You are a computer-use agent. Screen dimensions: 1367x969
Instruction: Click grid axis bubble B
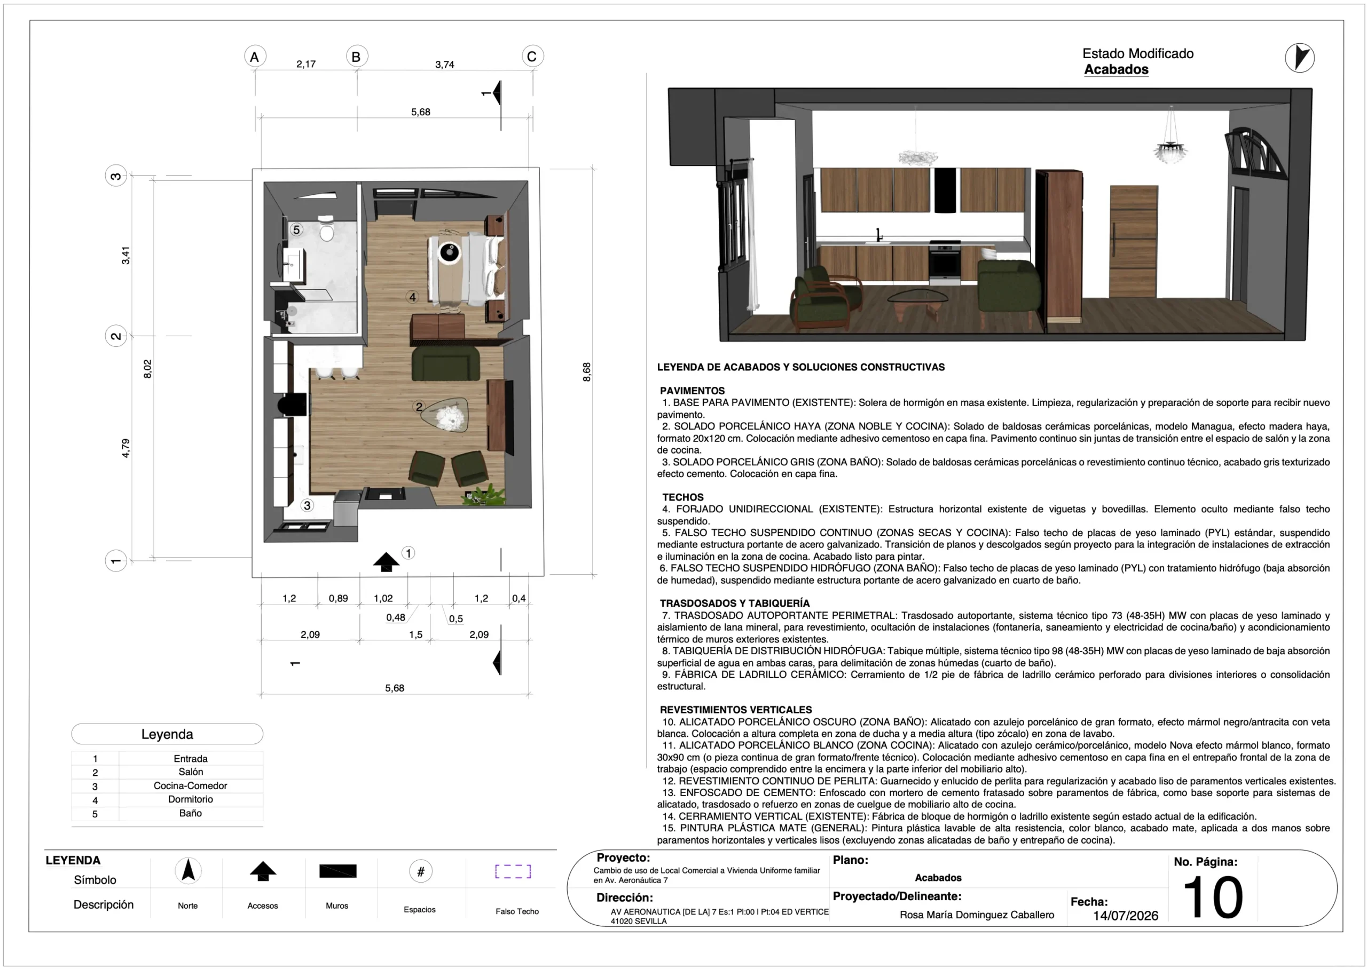pos(357,57)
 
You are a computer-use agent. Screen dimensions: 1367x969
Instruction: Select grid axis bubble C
pos(532,57)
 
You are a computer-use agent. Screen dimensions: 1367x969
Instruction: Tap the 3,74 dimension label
pos(445,65)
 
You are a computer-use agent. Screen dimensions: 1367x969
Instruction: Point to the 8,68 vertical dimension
pos(587,372)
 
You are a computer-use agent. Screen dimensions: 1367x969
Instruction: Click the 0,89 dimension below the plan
pos(339,599)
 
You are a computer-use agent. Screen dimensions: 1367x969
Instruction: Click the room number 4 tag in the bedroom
pos(412,297)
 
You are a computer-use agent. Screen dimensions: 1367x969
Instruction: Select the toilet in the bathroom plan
pos(326,228)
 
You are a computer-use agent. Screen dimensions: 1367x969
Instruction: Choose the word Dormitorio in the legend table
pos(191,799)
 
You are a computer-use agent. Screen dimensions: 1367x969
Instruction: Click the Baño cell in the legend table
pos(191,813)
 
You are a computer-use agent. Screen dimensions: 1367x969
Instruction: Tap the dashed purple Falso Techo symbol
pos(513,871)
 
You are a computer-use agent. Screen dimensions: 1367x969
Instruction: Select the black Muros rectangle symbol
pos(338,871)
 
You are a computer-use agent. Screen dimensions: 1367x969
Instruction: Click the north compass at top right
pos(1300,58)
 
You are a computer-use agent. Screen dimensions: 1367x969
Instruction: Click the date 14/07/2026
pos(1126,916)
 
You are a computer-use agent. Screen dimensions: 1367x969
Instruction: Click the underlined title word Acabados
pos(1116,70)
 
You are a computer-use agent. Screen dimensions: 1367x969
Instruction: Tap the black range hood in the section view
pos(945,190)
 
